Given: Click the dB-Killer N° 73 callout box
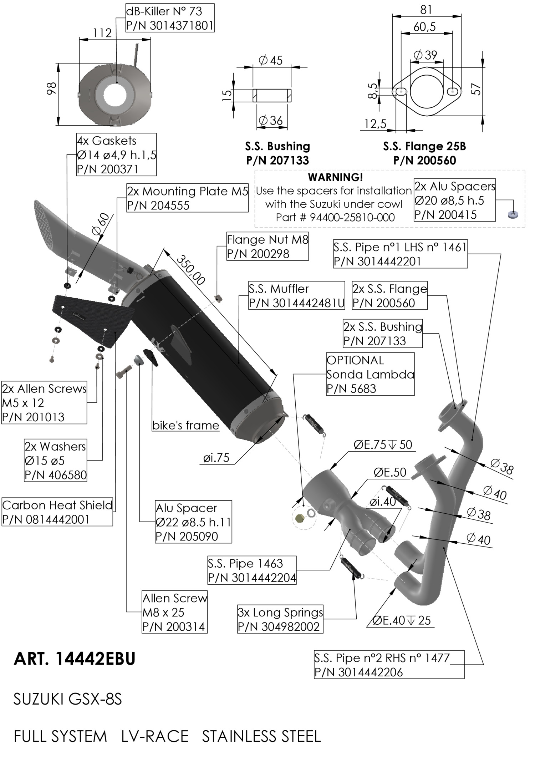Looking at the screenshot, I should pyautogui.click(x=170, y=18).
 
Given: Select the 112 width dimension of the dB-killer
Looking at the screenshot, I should pyautogui.click(x=102, y=33).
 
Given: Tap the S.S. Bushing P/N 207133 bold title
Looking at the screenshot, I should pyautogui.click(x=277, y=153).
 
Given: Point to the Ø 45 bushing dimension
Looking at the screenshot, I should pyautogui.click(x=271, y=60).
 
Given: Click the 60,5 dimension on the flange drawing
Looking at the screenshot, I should pyautogui.click(x=424, y=27).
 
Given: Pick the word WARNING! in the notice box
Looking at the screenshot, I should pyautogui.click(x=335, y=177).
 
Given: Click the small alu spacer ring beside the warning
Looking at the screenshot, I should pyautogui.click(x=513, y=215).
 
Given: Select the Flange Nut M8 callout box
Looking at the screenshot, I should pyautogui.click(x=267, y=247).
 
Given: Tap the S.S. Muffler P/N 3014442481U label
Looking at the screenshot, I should pyautogui.click(x=296, y=296).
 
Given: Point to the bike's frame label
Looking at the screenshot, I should pyautogui.click(x=185, y=425).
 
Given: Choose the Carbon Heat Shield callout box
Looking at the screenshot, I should pyautogui.click(x=57, y=512).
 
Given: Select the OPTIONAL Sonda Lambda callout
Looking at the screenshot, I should pyautogui.click(x=370, y=374).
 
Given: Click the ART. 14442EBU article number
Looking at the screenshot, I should pyautogui.click(x=75, y=659).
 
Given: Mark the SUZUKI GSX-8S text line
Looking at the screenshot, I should pyautogui.click(x=68, y=699).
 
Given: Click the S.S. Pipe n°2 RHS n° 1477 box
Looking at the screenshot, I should pyautogui.click(x=389, y=665).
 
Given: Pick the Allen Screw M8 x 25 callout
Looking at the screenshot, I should pyautogui.click(x=174, y=612).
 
